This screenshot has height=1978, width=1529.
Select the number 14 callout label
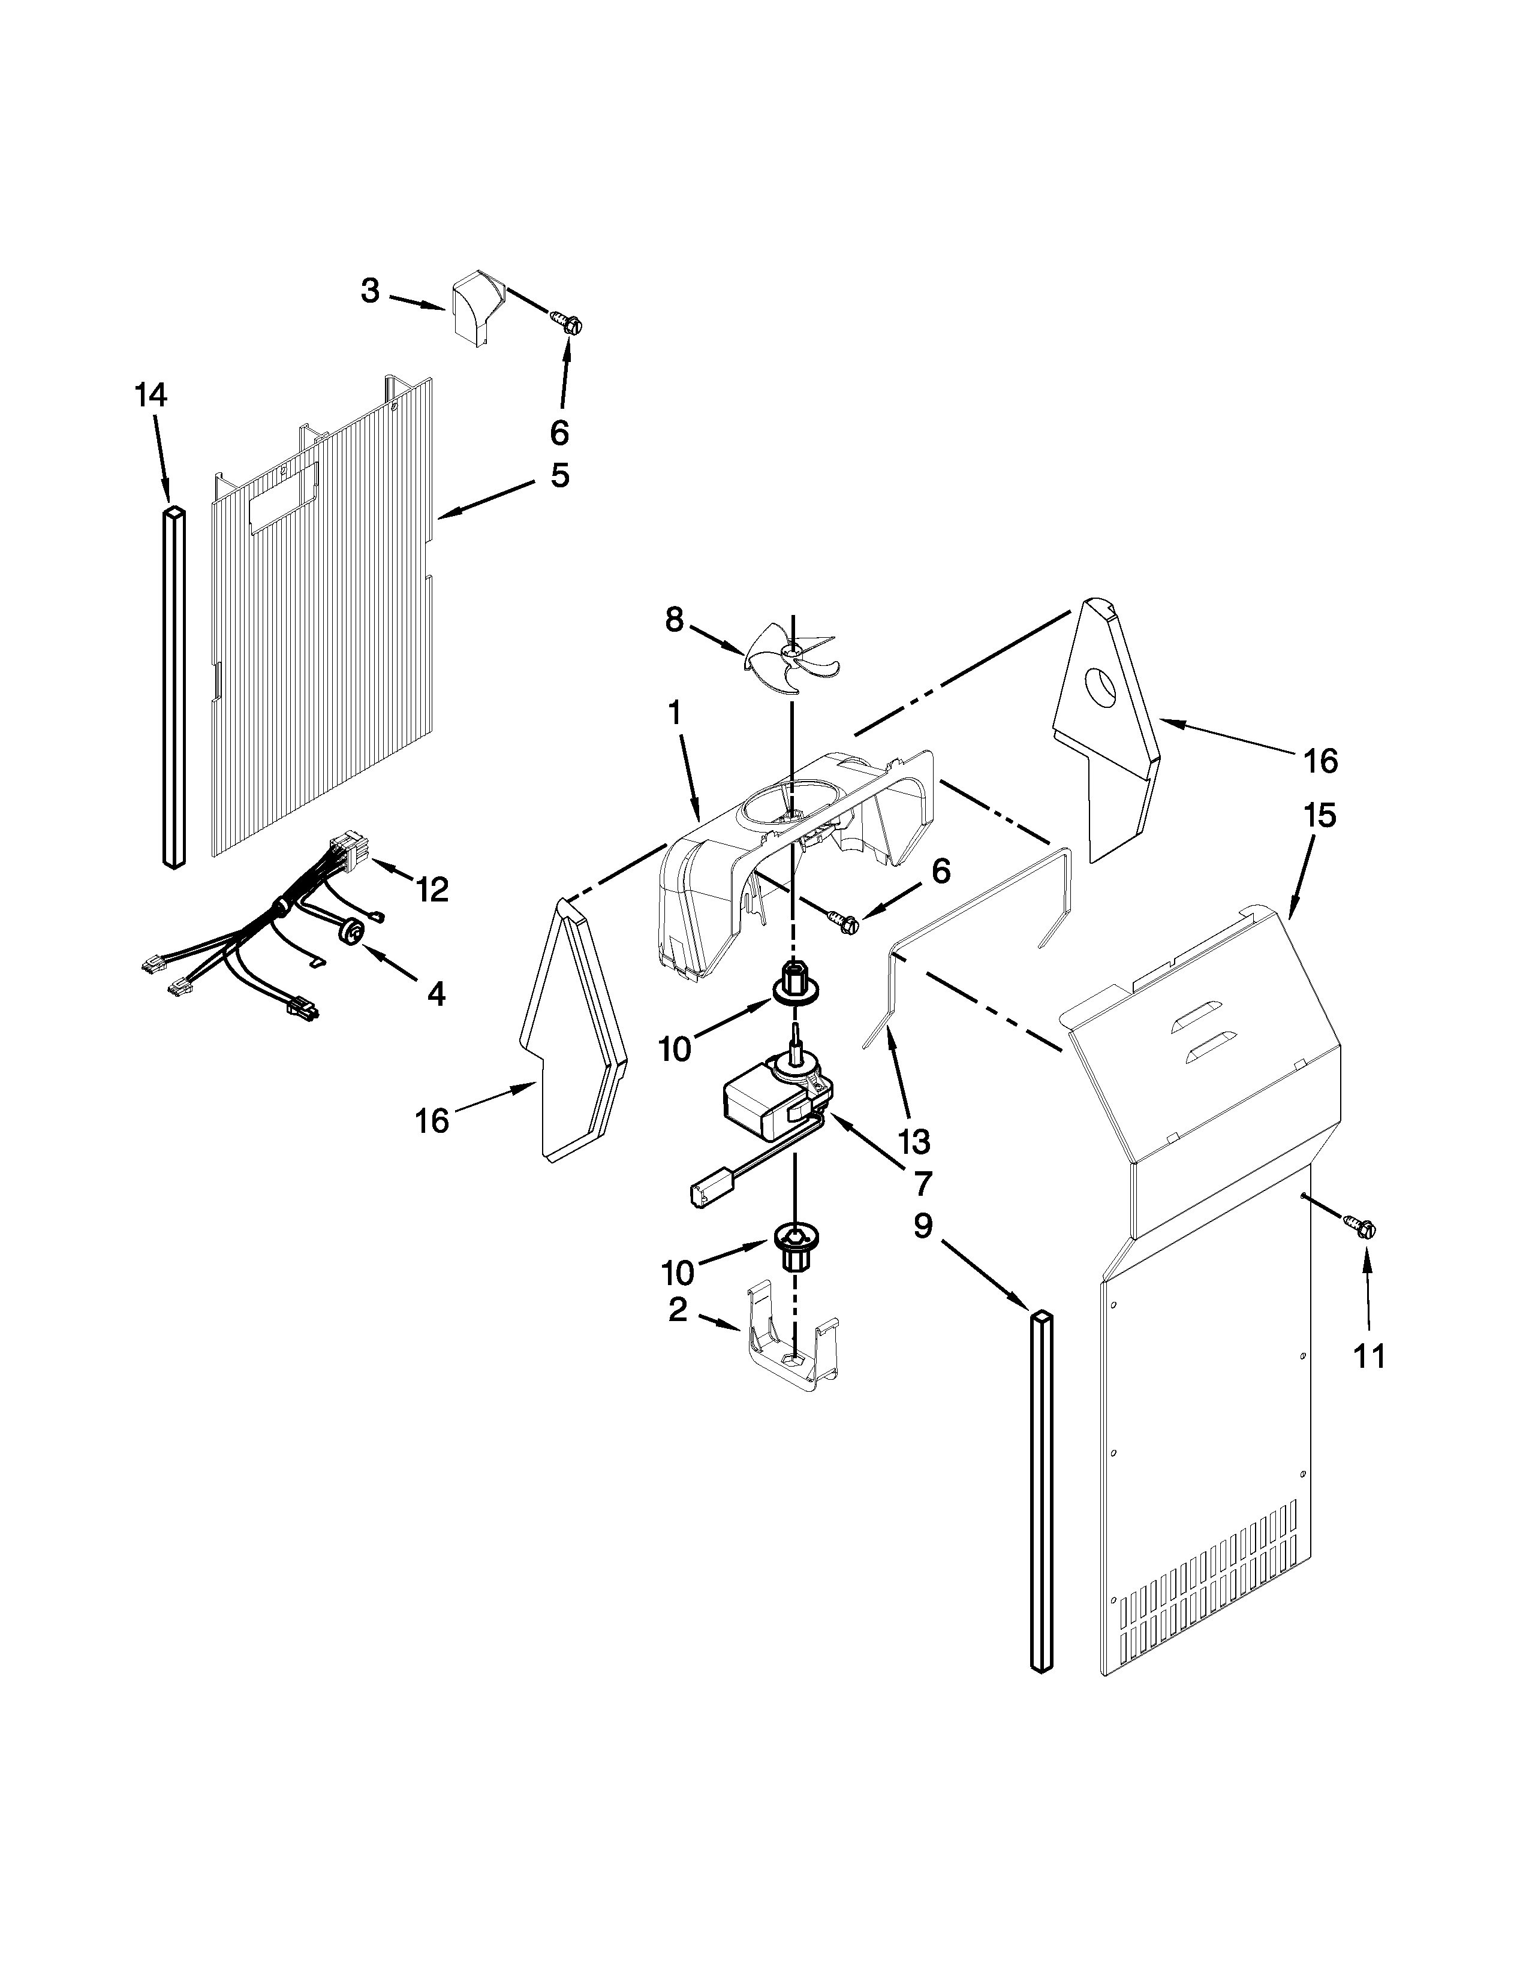pyautogui.click(x=151, y=395)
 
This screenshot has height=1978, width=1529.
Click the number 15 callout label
pyautogui.click(x=1320, y=816)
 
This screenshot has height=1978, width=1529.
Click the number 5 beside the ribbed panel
pyautogui.click(x=560, y=475)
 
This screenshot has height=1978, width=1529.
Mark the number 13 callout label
pyautogui.click(x=915, y=1142)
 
